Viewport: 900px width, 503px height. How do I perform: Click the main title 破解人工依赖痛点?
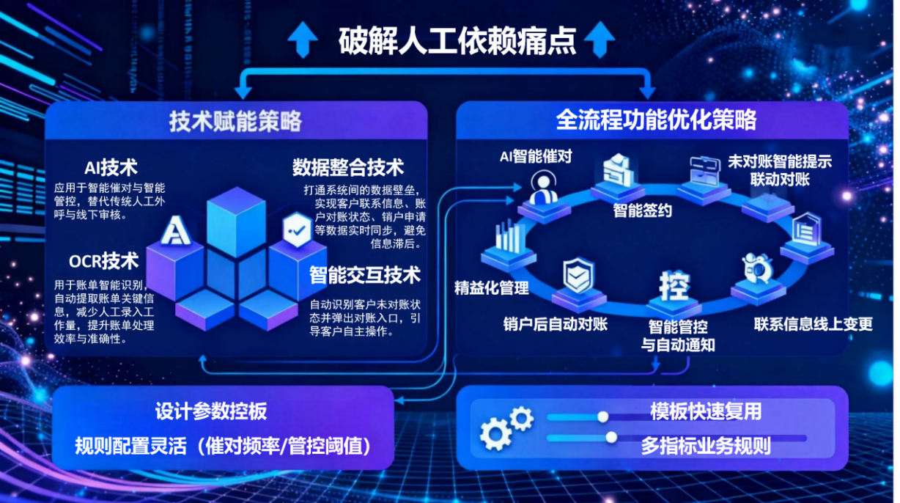(457, 41)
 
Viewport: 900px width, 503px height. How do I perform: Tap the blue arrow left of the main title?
(303, 40)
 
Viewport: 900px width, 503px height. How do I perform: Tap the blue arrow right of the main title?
(600, 40)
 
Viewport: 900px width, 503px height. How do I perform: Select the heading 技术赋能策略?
(235, 121)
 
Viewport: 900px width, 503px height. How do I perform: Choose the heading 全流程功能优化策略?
(656, 120)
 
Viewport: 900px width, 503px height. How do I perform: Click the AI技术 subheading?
(111, 168)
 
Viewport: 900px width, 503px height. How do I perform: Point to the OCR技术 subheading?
(103, 261)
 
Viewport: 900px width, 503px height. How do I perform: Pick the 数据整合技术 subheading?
(348, 167)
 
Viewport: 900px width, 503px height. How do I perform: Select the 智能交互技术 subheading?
(365, 276)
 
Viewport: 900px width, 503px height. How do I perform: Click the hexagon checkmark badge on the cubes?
(297, 230)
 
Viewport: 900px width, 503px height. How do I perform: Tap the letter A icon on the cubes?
(176, 230)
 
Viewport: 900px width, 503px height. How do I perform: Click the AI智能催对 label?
(536, 156)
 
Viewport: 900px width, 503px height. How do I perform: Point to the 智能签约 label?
(643, 210)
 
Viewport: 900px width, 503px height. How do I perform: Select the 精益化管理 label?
(491, 288)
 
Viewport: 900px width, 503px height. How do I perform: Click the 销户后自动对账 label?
(556, 324)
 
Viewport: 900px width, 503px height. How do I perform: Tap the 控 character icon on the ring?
(674, 286)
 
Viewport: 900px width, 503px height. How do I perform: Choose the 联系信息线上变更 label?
(814, 324)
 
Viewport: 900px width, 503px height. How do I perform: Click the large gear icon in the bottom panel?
(495, 434)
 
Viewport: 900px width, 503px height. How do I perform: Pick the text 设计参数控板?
(211, 411)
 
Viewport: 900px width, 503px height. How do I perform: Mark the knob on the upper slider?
(602, 417)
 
